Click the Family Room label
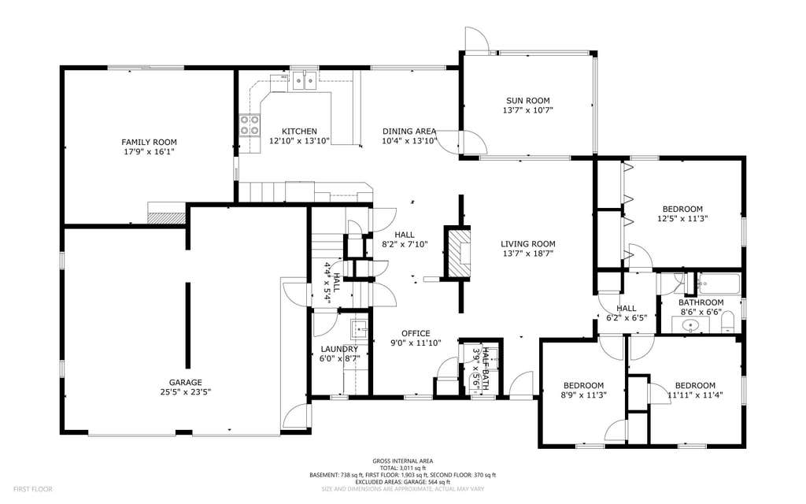pos(149,142)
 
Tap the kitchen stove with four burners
pos(250,124)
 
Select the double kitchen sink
pos(305,81)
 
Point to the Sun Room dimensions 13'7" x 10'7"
pos(528,110)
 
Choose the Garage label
pos(186,382)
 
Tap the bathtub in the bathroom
pos(718,283)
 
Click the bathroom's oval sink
pos(690,325)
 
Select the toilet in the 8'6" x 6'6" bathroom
pos(727,324)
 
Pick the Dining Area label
pos(409,132)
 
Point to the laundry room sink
pos(359,328)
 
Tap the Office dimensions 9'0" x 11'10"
pos(416,343)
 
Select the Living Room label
pos(528,244)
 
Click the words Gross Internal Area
pos(402,461)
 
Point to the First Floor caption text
pos(33,489)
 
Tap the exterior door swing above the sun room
pos(476,39)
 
